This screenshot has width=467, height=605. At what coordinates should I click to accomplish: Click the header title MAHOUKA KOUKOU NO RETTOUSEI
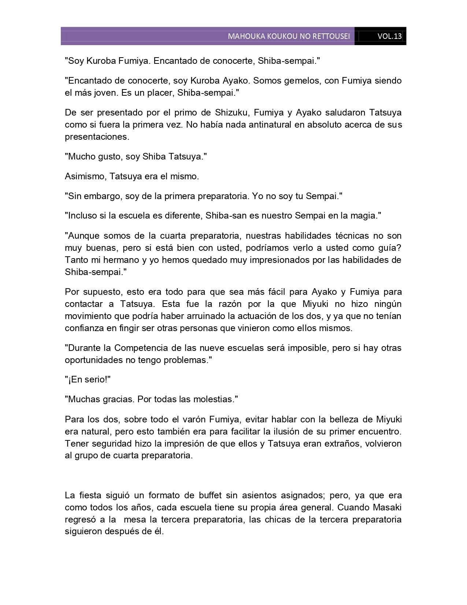coord(289,36)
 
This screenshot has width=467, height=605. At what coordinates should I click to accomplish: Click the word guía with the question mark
coord(388,247)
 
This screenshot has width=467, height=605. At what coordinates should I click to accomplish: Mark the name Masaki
coord(388,508)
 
